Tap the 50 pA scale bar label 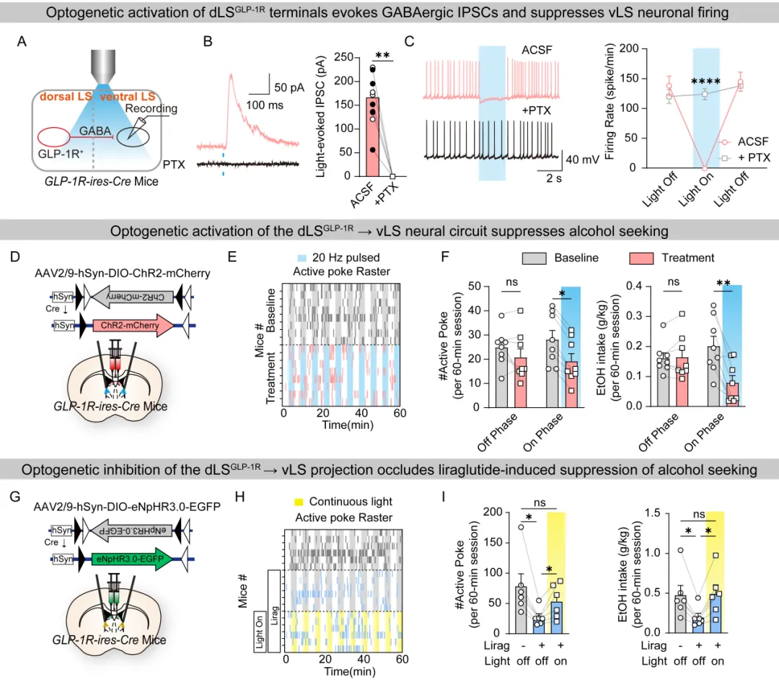(x=289, y=87)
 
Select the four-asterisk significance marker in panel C (x=705, y=82)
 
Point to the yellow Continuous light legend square (x=298, y=502)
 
